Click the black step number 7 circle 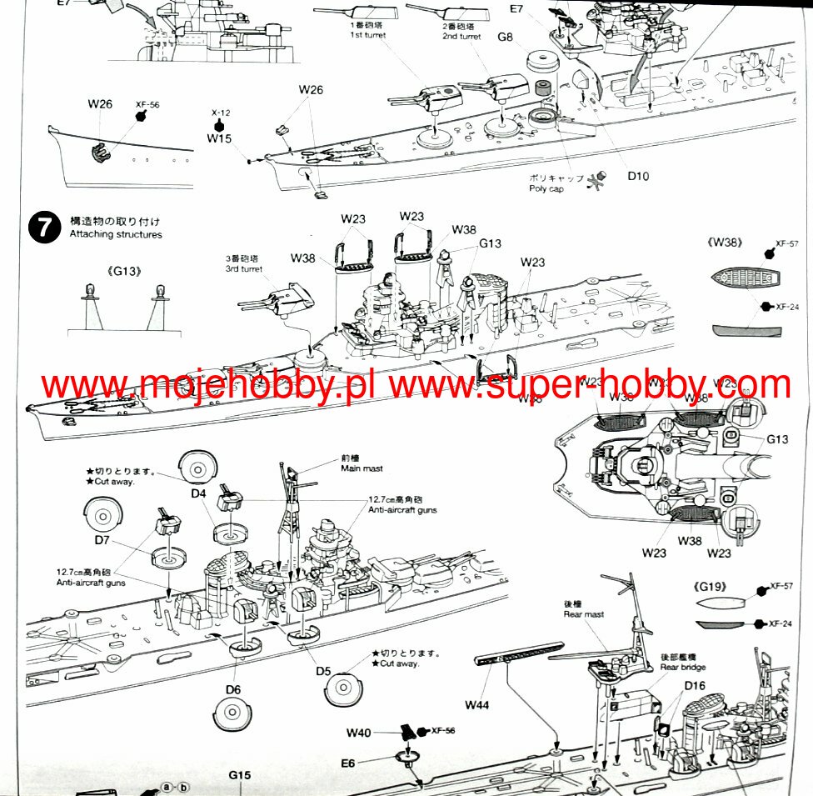44,228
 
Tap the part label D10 638,176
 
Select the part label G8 506,37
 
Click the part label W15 219,138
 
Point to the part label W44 478,705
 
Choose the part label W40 359,733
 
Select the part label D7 102,541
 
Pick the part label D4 197,493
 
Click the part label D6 232,689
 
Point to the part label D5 323,671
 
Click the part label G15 239,776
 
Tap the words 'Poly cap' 546,189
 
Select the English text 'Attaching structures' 116,234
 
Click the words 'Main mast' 360,468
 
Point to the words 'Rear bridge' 682,667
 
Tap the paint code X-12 220,111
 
